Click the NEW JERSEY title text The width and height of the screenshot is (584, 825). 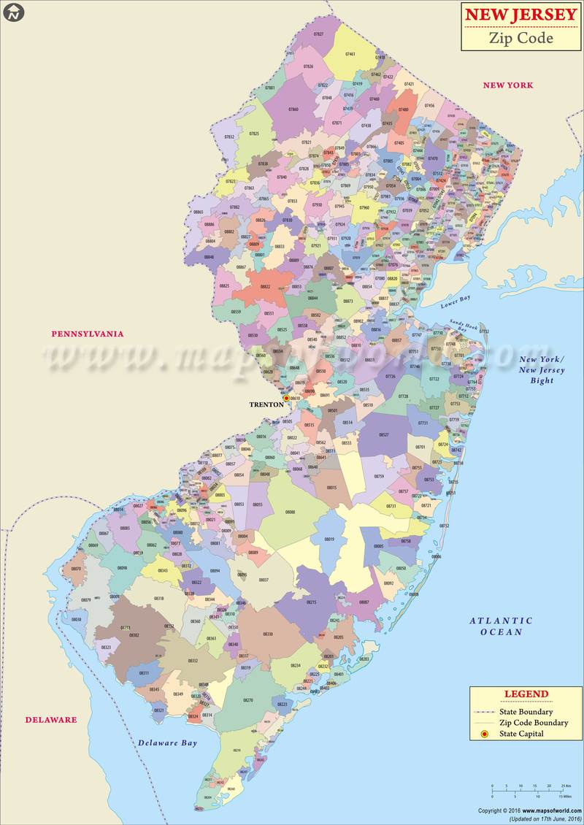click(x=520, y=15)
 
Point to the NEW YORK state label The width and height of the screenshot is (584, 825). click(x=508, y=85)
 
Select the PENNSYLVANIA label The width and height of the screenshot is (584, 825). click(x=87, y=334)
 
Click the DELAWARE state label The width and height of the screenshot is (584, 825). click(x=51, y=719)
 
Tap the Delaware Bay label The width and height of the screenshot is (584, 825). click(x=168, y=743)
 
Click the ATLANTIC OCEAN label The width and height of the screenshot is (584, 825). click(x=501, y=626)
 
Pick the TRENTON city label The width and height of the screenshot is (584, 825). click(x=266, y=404)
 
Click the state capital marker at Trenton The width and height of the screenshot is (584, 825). click(x=286, y=398)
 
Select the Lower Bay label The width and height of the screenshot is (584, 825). click(x=456, y=302)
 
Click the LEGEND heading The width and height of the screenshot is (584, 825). click(x=526, y=694)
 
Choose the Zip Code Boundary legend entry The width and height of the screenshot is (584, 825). click(x=534, y=722)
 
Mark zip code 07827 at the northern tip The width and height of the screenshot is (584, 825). click(x=319, y=34)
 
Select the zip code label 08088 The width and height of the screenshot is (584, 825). click(x=290, y=513)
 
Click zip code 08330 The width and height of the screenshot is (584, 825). click(x=268, y=634)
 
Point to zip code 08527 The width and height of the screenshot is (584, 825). click(x=384, y=434)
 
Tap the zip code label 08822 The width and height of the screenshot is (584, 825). click(x=265, y=287)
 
